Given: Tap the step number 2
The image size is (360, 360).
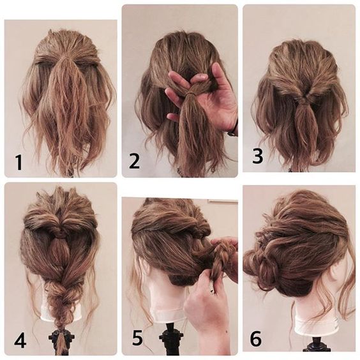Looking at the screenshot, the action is coord(134,161).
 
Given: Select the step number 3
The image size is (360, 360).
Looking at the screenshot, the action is coord(258,156).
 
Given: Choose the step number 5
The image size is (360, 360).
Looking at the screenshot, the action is coord(137,338).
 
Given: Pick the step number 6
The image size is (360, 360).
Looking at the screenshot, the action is coord(255,338).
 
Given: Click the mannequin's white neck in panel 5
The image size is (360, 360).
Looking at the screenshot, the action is coord(166,299).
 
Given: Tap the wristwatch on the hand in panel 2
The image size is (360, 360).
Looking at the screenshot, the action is coord(232,133).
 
